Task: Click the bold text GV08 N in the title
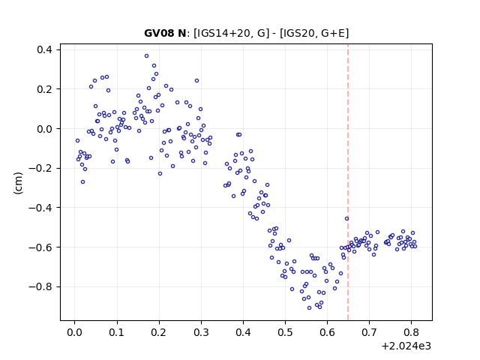coord(165,33)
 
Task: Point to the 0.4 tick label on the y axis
coord(44,49)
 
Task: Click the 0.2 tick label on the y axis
coord(44,89)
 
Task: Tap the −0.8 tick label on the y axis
coord(40,286)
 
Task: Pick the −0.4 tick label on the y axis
coord(40,208)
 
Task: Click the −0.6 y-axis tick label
coord(40,247)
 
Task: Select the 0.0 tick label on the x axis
coord(74,332)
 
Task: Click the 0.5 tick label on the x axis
coord(285,332)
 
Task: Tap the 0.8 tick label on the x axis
coord(412,332)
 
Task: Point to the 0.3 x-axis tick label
coord(201,332)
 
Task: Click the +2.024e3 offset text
coord(406,346)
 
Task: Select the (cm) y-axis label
coord(18,183)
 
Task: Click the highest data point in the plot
coord(147,56)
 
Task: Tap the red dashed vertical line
coord(348,182)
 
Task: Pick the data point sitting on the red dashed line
coord(346,218)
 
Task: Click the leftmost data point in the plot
coord(77,140)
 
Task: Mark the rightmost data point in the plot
coord(415,246)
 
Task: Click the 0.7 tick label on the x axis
coord(370,332)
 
